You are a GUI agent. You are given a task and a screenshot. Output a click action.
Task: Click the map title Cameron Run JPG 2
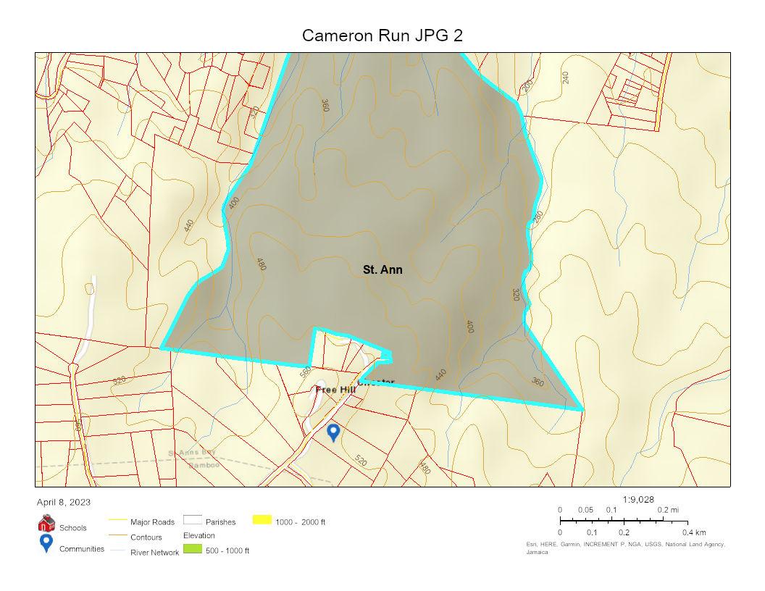[382, 35]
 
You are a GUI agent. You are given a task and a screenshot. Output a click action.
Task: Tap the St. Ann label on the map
[382, 269]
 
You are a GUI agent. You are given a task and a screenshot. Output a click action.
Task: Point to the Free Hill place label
[335, 390]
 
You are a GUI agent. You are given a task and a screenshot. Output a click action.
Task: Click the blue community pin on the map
[333, 432]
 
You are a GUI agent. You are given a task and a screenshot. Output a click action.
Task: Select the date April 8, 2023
[64, 502]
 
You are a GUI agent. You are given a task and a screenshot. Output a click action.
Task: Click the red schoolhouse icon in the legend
[46, 523]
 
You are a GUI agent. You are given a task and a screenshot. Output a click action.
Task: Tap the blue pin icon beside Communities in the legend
[46, 544]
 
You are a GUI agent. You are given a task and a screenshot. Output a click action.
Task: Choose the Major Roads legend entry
[152, 521]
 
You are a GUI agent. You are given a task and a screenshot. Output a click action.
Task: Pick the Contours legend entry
[146, 537]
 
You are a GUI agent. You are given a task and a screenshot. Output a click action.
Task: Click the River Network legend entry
[154, 553]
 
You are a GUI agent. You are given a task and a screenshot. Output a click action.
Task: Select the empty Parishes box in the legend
[192, 520]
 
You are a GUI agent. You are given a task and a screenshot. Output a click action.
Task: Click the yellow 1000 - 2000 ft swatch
[262, 520]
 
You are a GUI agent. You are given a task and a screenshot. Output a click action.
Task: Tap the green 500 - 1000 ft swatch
[192, 550]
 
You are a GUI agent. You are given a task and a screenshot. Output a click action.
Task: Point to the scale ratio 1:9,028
[639, 499]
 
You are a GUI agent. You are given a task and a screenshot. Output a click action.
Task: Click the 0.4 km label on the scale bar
[693, 532]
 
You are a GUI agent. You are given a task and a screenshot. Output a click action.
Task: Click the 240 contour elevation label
[566, 77]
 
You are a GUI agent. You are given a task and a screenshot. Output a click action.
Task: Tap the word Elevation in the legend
[199, 535]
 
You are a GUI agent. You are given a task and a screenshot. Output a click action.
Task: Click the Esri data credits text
[625, 545]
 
